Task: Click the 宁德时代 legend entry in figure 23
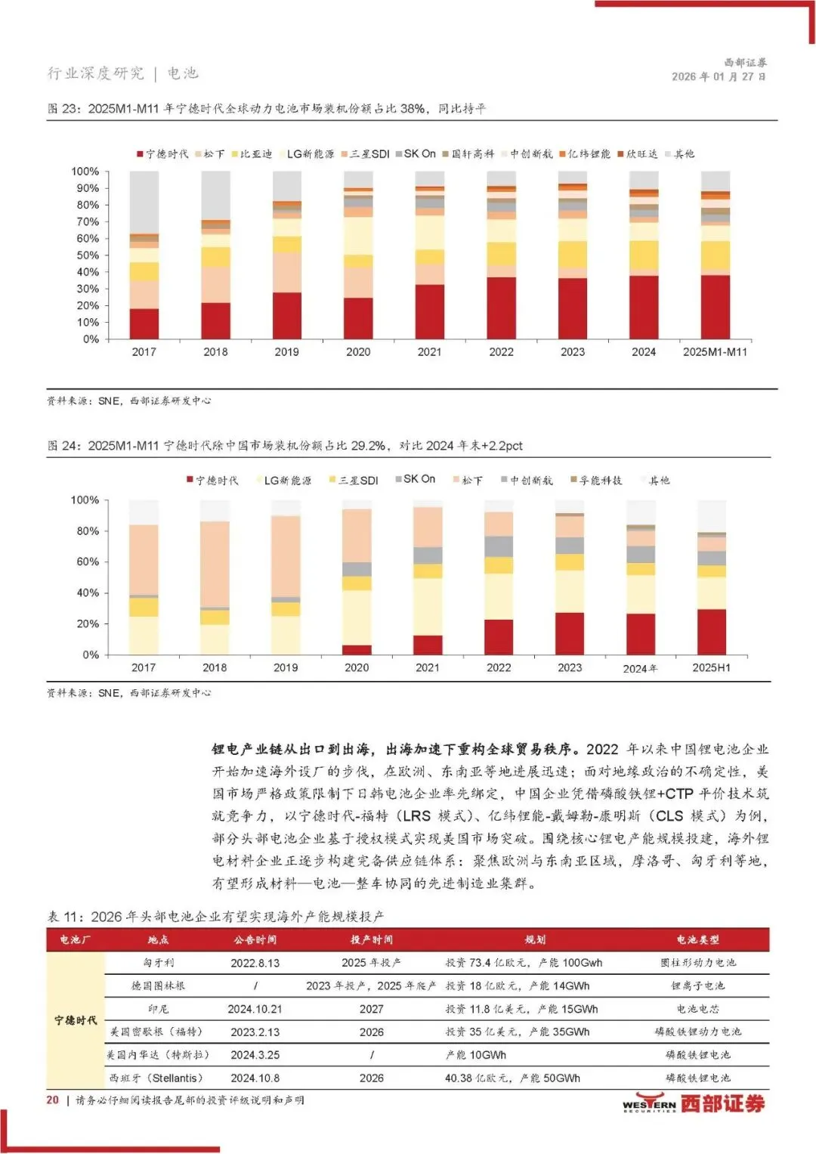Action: pos(162,154)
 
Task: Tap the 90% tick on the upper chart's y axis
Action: pos(85,188)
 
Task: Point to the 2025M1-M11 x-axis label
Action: pos(715,352)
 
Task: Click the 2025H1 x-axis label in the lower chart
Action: pos(711,668)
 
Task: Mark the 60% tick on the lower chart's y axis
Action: pos(87,562)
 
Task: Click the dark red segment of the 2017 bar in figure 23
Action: pos(144,323)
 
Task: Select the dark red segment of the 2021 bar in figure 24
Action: pos(428,645)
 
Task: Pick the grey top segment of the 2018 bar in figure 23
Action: pos(215,195)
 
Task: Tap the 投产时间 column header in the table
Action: pos(371,940)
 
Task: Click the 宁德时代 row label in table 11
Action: pos(76,1020)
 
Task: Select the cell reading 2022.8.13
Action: pos(255,964)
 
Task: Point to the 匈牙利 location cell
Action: pos(159,964)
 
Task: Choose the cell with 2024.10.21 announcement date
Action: pos(255,1010)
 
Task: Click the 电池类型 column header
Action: pos(697,940)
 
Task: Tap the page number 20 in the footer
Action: pos(52,1100)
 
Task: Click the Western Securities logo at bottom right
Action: pos(694,1104)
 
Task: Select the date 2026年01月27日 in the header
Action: pos(719,77)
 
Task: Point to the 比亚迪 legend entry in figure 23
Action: pos(252,154)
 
